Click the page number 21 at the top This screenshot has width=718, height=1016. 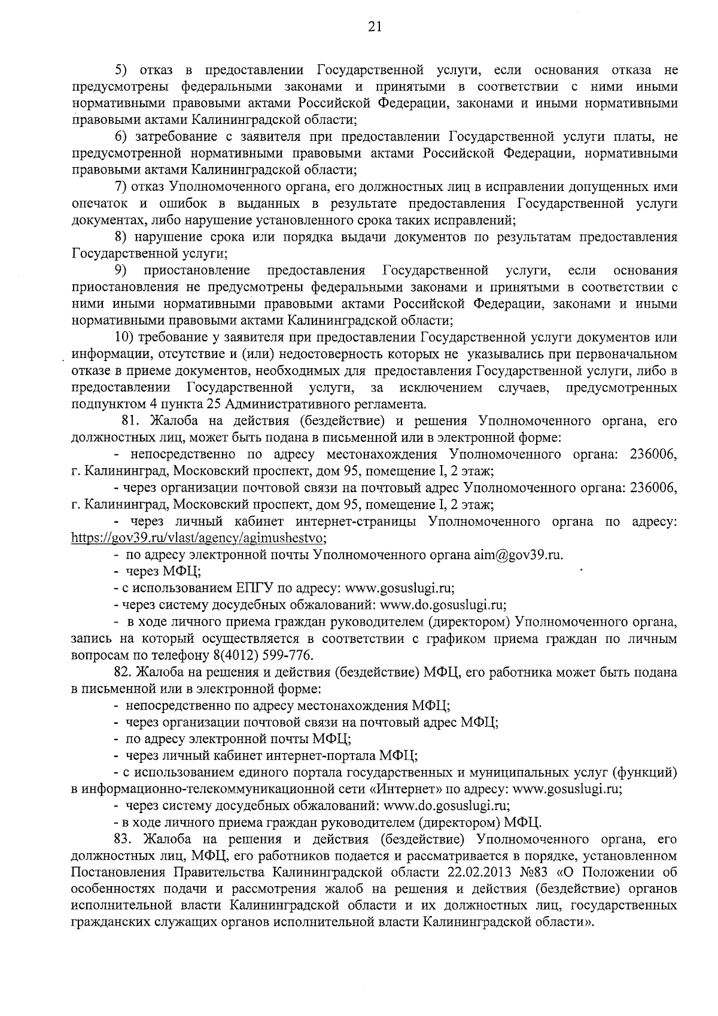tap(359, 26)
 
